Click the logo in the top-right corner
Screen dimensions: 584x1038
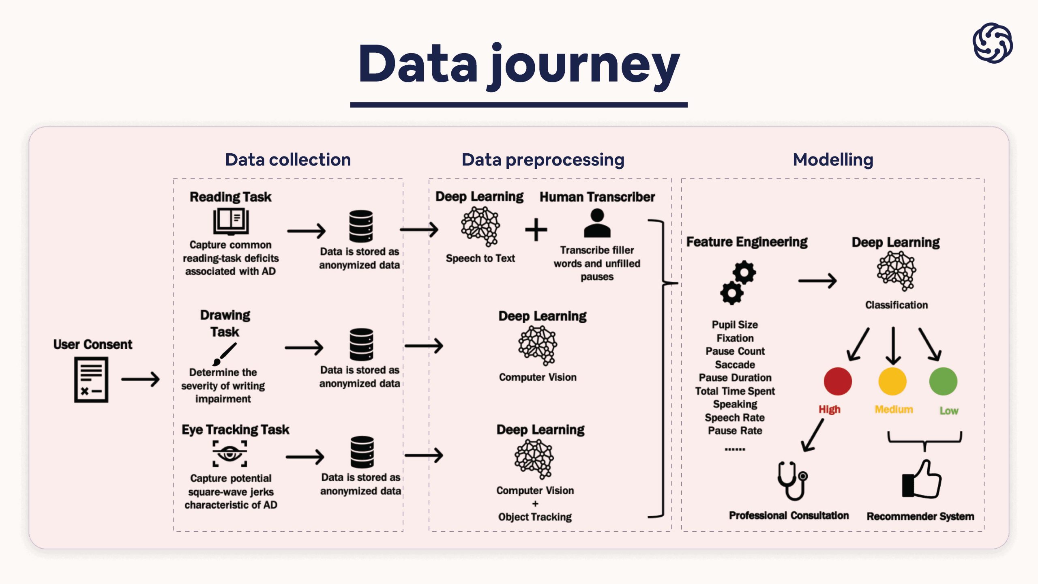[x=992, y=43]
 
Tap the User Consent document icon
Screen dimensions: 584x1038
[x=91, y=380]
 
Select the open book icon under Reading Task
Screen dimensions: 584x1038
[x=231, y=221]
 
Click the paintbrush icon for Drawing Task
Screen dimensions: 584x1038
[x=225, y=354]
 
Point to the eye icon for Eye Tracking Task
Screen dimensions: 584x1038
[x=230, y=454]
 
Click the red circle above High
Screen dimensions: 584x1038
[x=838, y=381]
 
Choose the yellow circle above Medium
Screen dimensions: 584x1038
[x=892, y=381]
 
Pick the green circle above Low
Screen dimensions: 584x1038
[x=943, y=381]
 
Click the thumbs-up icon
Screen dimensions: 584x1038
[x=922, y=479]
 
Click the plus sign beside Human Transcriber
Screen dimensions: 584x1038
[x=536, y=230]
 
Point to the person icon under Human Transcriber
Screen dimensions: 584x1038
[x=597, y=223]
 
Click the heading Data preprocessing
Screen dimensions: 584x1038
[x=543, y=160]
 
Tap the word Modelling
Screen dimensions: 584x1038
[x=833, y=160]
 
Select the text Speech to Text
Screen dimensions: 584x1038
[x=480, y=258]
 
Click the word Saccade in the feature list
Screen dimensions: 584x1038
[x=735, y=365]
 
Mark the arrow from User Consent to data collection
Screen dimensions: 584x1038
[x=140, y=380]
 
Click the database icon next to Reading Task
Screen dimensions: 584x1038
[x=361, y=226]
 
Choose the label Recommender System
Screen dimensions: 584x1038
[x=920, y=516]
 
